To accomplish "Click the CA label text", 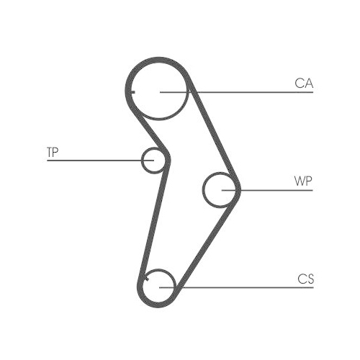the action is (x=304, y=84).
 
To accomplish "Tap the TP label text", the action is (x=53, y=152).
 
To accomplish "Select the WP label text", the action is (x=303, y=181).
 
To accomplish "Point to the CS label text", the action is (x=305, y=279).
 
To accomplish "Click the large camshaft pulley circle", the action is (x=158, y=120).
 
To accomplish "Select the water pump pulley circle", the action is (x=204, y=189).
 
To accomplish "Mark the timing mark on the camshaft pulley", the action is (x=132, y=92).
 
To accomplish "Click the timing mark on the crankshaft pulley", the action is (x=147, y=279).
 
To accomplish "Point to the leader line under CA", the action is (x=237, y=92).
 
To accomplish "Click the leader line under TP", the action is (x=100, y=161).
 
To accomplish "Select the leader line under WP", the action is (x=267, y=190).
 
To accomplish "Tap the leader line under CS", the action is (x=236, y=287).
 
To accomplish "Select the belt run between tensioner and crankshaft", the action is (x=153, y=221).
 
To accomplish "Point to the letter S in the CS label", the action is (x=310, y=279).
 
